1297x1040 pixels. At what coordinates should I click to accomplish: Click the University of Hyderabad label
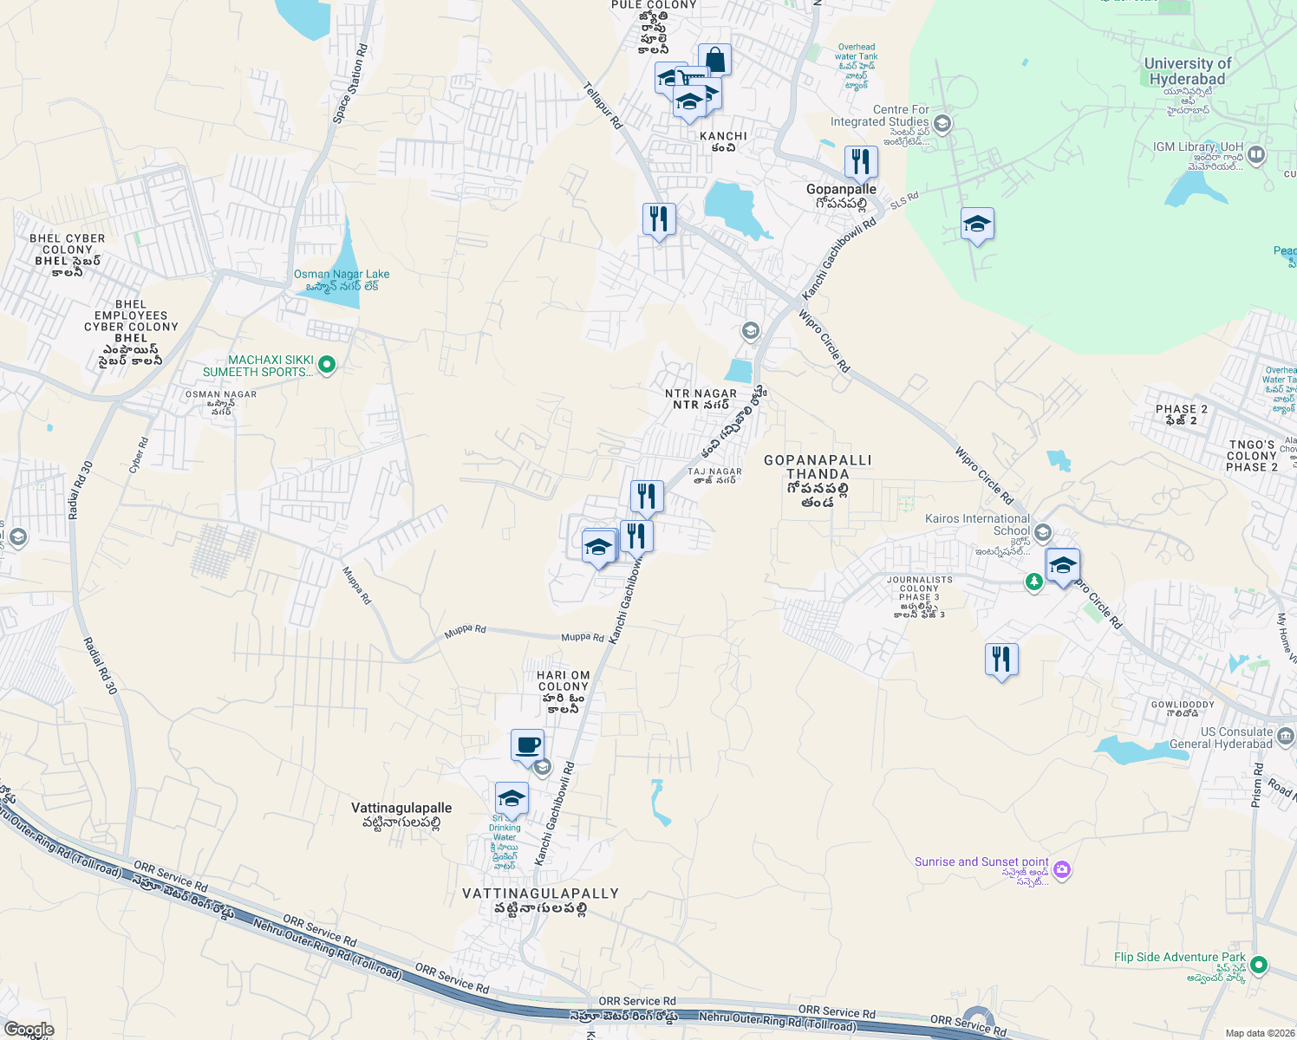(1187, 71)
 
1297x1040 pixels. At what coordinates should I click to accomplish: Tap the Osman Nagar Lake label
(342, 274)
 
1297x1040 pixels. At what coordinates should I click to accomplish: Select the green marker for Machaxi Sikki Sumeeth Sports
(327, 365)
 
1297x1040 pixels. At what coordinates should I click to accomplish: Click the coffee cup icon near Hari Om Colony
(527, 744)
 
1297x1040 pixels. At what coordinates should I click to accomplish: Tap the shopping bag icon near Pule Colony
(714, 60)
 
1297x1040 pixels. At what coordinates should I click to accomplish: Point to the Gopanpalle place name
(841, 189)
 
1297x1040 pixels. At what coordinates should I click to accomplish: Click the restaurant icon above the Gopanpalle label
(861, 162)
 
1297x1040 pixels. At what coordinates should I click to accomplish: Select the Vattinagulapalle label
(401, 808)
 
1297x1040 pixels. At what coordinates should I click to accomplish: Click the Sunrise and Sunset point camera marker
(1063, 869)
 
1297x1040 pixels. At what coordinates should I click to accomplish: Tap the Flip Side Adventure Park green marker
(1260, 964)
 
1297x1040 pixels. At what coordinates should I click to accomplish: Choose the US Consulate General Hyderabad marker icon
(1286, 737)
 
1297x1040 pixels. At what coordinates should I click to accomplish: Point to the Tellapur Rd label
(603, 106)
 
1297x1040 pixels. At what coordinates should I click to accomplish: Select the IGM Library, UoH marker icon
(1256, 155)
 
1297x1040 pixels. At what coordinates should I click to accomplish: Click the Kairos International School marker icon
(1043, 531)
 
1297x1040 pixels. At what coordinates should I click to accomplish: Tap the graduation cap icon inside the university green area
(977, 224)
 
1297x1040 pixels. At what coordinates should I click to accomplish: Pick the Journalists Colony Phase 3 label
(919, 588)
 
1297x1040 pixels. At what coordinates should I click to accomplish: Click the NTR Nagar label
(701, 393)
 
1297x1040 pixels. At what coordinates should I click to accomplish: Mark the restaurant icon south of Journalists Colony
(1001, 660)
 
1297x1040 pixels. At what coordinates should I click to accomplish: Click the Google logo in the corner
(29, 1030)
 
